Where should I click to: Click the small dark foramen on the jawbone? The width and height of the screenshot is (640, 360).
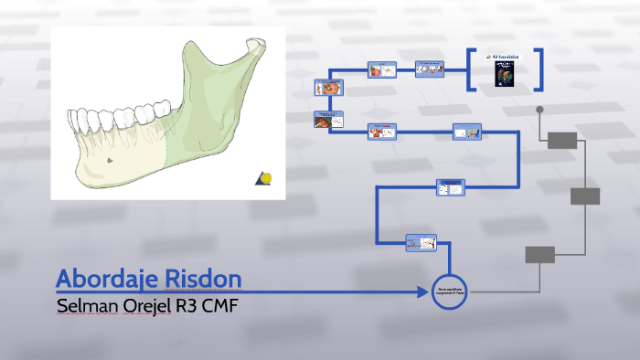110,161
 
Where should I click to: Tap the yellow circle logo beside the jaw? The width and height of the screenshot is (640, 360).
265,177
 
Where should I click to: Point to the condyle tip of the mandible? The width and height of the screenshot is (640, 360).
253,42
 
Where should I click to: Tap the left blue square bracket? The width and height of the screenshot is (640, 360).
471,70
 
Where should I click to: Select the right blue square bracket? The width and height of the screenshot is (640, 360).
539,70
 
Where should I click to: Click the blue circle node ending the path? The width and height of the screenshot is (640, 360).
449,291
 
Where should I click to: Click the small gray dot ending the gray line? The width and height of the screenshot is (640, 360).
540,110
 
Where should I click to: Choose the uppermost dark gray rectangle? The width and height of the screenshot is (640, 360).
562,140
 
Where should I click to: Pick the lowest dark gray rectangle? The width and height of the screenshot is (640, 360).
539,255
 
